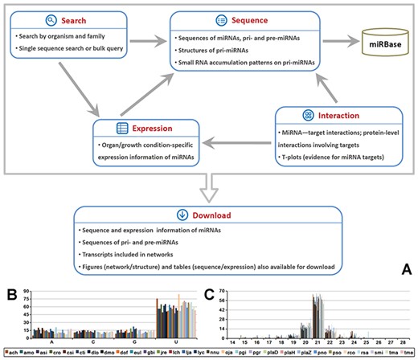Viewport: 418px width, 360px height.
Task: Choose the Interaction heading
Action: click(333, 116)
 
